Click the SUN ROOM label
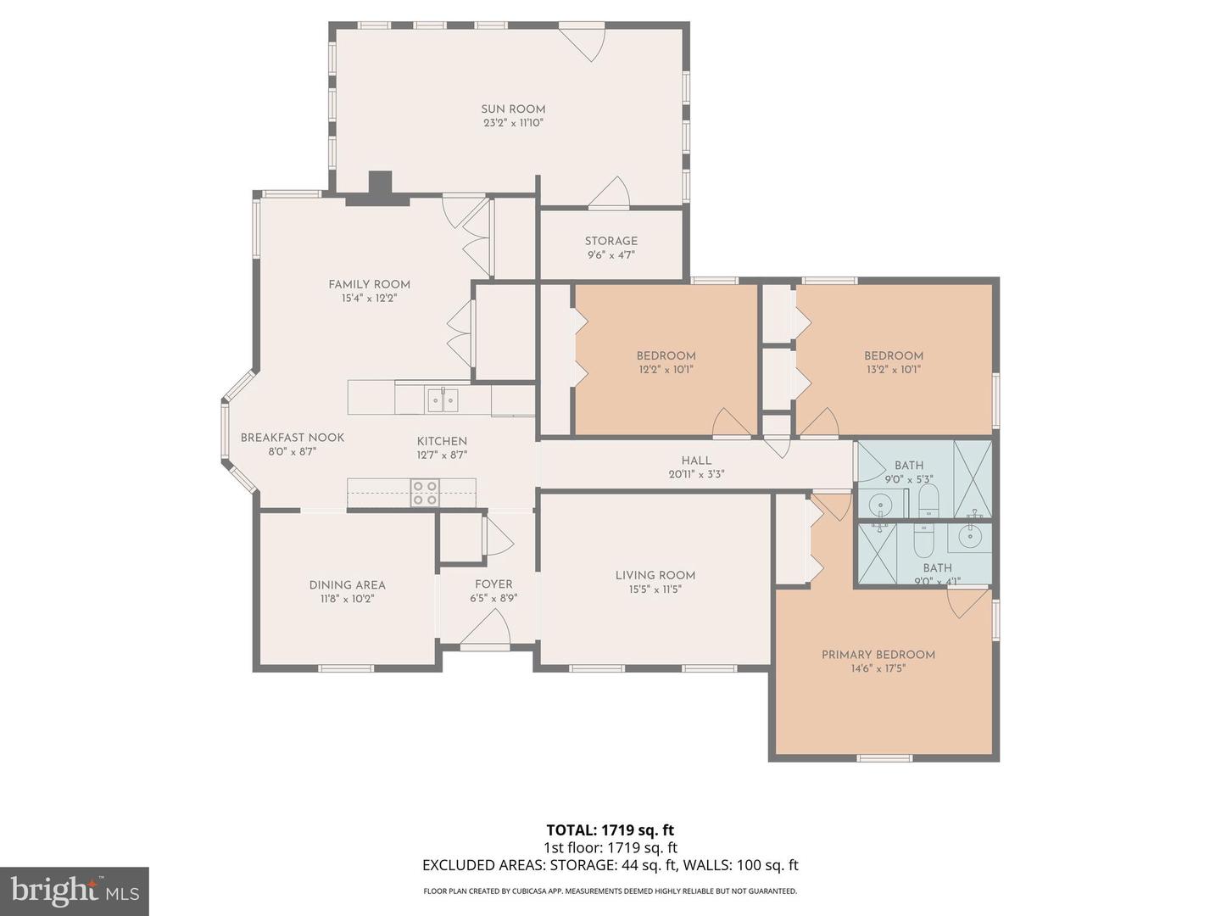(513, 109)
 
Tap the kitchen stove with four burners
(425, 493)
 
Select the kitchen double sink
(443, 399)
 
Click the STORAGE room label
(610, 241)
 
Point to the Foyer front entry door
(486, 629)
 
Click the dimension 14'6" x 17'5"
(878, 668)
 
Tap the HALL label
(696, 461)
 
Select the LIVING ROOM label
(655, 575)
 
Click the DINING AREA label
(347, 584)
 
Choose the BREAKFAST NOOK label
(293, 438)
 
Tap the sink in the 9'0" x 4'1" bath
(970, 536)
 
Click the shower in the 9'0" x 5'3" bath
(973, 479)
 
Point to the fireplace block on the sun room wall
(380, 186)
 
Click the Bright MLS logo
(75, 891)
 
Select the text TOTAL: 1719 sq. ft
(610, 829)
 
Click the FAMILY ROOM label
(369, 284)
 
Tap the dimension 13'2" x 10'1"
(893, 370)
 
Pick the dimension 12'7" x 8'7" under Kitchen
(442, 455)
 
